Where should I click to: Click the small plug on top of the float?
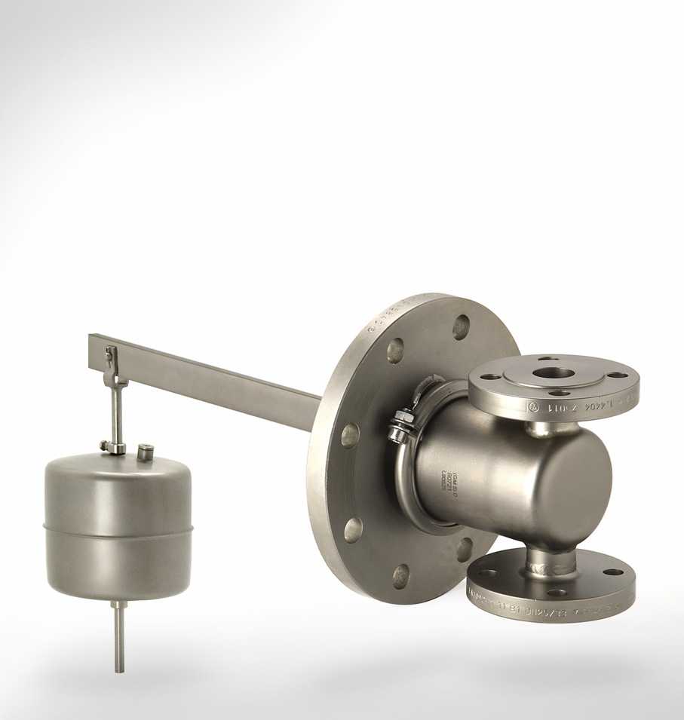pos(146,452)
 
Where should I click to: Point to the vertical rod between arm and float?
pos(118,411)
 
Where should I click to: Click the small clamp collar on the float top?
pos(113,448)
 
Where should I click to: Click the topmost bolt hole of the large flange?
pos(461,326)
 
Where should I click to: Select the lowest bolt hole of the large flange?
pos(401,575)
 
